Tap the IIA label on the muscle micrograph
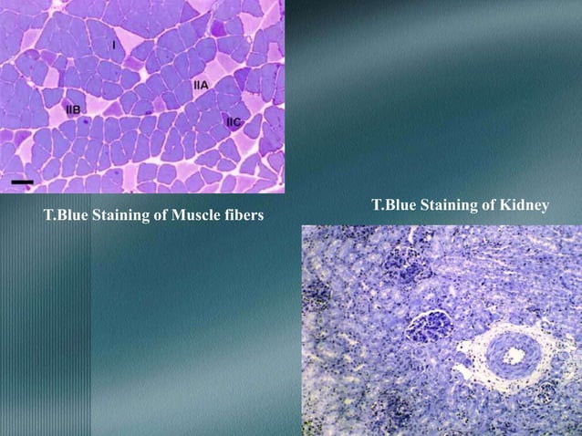tap(201, 85)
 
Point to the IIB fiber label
tap(74, 109)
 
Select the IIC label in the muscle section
tap(234, 120)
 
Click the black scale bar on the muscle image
tap(23, 182)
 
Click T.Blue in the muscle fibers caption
tap(67, 216)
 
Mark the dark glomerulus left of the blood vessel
tap(427, 325)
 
